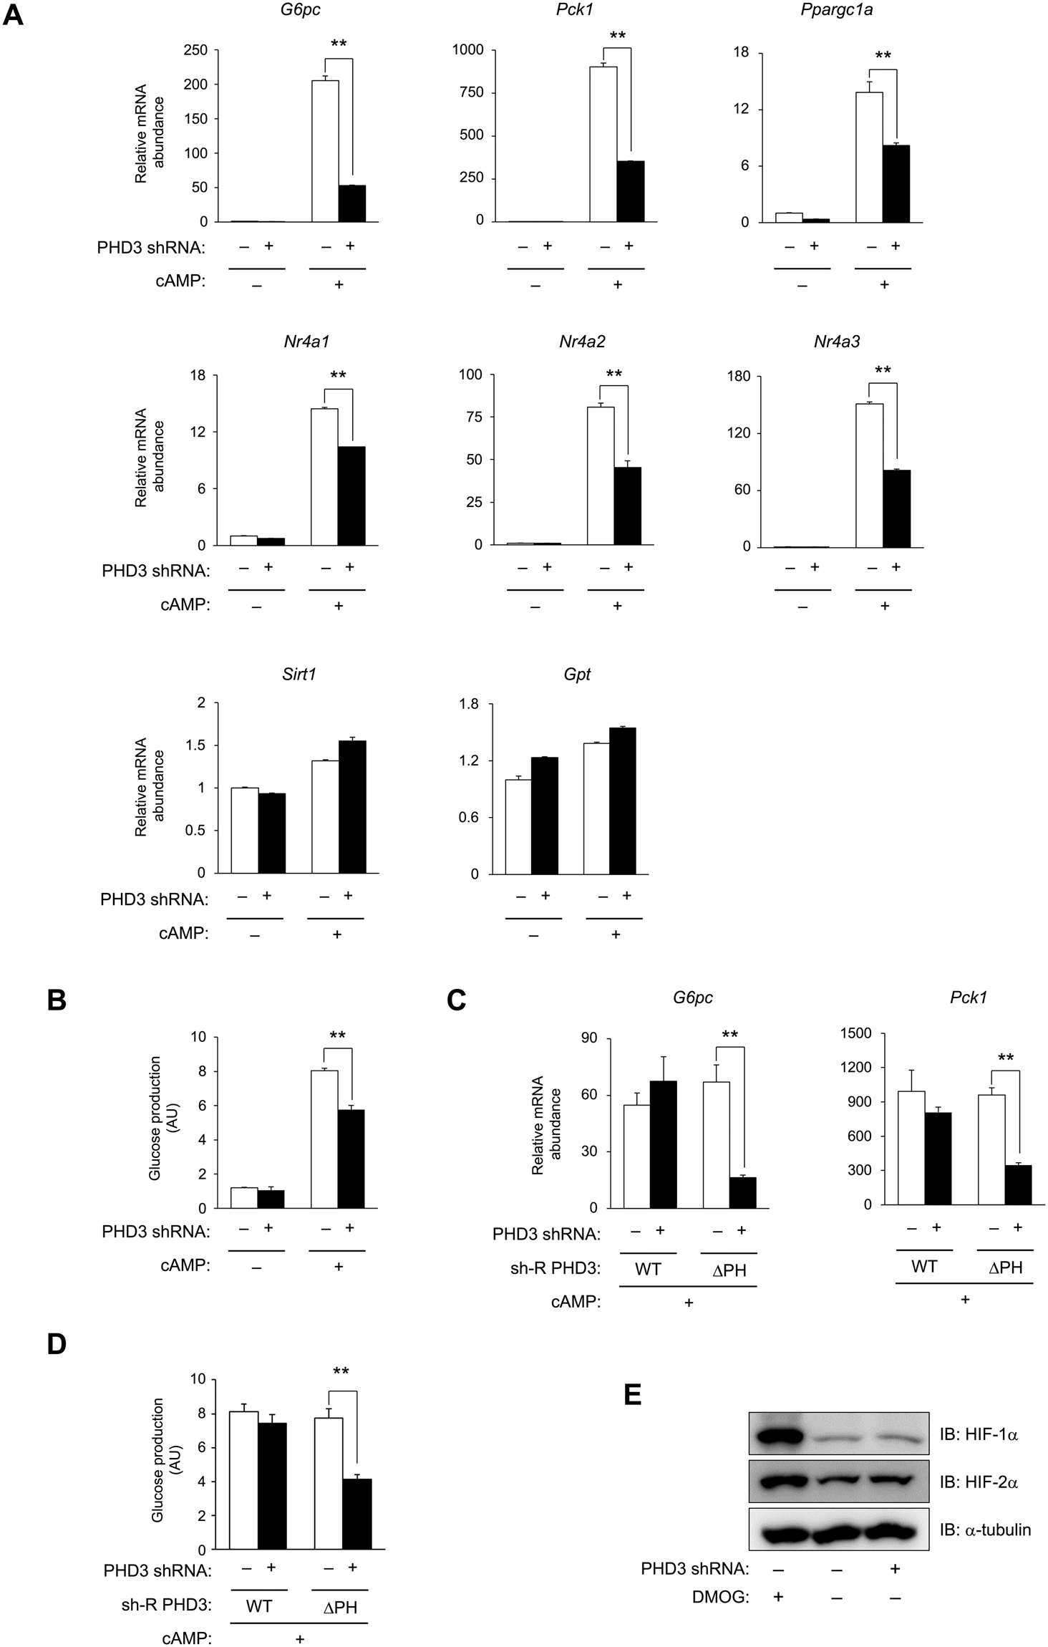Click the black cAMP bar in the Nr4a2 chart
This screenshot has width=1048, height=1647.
(x=627, y=506)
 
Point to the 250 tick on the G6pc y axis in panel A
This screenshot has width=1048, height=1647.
(x=195, y=50)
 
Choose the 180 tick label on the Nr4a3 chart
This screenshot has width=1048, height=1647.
(x=739, y=376)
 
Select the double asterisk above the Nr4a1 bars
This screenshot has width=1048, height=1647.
(x=338, y=375)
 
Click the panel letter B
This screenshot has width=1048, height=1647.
(x=57, y=1000)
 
